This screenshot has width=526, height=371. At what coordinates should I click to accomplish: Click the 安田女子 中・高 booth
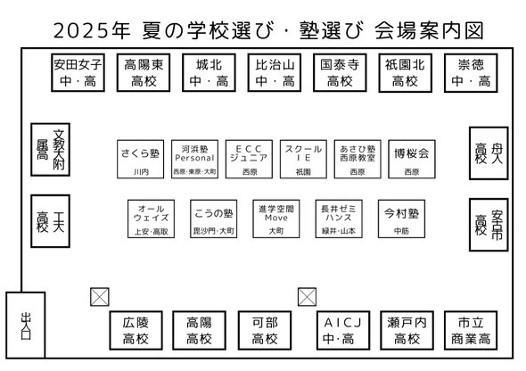click(x=78, y=72)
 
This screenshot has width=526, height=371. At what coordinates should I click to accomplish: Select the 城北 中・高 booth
click(x=209, y=72)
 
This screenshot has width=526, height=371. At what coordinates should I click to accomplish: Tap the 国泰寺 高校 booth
click(x=340, y=72)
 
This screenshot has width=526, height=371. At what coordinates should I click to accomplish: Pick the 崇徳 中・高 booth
click(x=471, y=72)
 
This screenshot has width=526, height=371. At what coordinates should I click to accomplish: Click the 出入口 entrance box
click(x=26, y=325)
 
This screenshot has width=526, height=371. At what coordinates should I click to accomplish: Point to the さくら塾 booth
click(x=141, y=159)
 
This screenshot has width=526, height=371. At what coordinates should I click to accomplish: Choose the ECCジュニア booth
click(x=249, y=159)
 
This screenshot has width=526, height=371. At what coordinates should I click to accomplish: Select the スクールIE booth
click(x=303, y=159)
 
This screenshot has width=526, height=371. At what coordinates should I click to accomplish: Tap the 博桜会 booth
click(x=412, y=159)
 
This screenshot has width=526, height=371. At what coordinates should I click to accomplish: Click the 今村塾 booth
click(x=401, y=218)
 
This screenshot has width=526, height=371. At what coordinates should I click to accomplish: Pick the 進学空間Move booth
click(x=276, y=218)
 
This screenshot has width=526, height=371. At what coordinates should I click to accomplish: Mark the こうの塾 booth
click(x=213, y=218)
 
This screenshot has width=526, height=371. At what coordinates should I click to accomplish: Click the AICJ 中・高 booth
click(x=343, y=330)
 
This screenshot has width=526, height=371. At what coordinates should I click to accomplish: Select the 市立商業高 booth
click(x=471, y=330)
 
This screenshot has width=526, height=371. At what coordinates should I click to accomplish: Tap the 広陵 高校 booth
click(x=136, y=330)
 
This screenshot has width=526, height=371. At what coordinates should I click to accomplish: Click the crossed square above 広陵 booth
click(x=100, y=297)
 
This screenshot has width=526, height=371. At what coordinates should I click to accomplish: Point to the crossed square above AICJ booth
click(x=307, y=297)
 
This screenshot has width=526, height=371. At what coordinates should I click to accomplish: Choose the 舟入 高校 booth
click(x=489, y=153)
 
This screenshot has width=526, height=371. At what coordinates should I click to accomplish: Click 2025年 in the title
click(x=92, y=30)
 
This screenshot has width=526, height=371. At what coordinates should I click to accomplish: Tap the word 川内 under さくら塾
click(x=141, y=172)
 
